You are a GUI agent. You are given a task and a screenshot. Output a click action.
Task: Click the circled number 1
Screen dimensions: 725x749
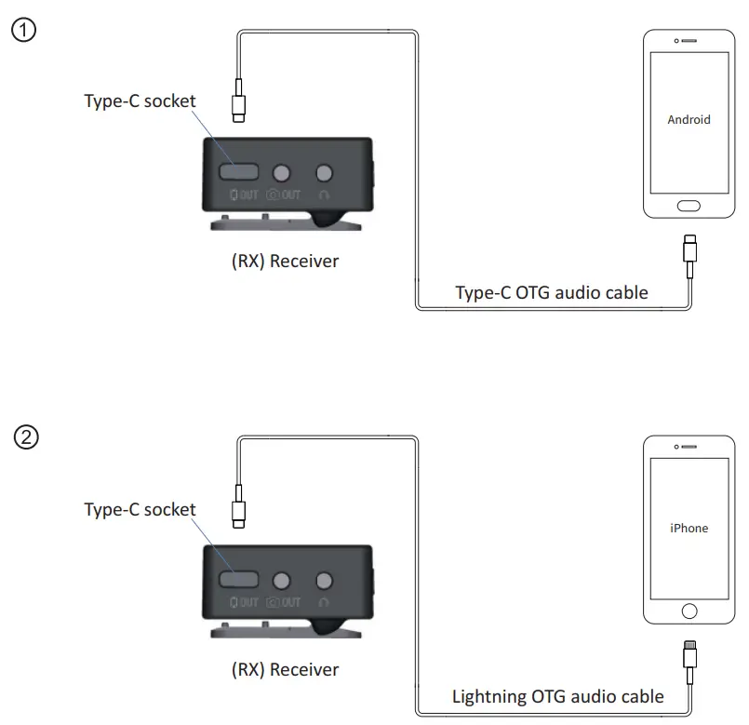click(22, 30)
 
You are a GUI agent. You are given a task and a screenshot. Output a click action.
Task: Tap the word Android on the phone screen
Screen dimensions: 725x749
click(689, 119)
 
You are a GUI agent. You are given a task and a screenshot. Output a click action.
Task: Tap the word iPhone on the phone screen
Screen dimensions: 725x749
click(689, 528)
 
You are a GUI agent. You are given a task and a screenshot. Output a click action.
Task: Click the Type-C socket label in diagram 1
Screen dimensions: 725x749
click(140, 101)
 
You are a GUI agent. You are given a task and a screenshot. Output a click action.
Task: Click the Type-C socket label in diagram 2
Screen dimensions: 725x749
click(140, 509)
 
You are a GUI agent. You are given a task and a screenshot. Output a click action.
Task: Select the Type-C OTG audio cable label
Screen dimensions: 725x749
click(551, 292)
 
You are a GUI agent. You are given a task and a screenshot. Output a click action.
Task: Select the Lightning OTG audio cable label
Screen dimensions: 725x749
click(557, 696)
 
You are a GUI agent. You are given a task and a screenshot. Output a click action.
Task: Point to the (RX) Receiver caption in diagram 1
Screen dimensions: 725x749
click(285, 261)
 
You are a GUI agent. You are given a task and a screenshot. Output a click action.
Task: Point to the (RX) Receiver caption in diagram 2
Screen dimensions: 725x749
click(285, 669)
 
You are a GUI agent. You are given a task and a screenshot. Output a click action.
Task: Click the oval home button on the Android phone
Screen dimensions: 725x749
click(689, 206)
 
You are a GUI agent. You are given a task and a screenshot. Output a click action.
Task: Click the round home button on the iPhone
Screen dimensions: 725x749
click(689, 611)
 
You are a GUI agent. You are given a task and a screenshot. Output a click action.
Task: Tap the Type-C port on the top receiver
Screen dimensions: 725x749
click(239, 172)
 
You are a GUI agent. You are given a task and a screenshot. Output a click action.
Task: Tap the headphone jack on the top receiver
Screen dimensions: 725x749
click(324, 173)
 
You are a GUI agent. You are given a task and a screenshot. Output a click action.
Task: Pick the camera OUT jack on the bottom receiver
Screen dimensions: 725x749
click(282, 581)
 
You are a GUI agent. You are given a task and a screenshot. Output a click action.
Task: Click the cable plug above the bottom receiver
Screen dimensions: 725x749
click(239, 511)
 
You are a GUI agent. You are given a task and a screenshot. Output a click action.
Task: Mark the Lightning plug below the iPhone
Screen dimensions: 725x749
click(689, 656)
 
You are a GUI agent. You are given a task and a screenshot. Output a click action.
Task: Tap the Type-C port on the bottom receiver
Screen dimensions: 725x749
click(239, 580)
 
